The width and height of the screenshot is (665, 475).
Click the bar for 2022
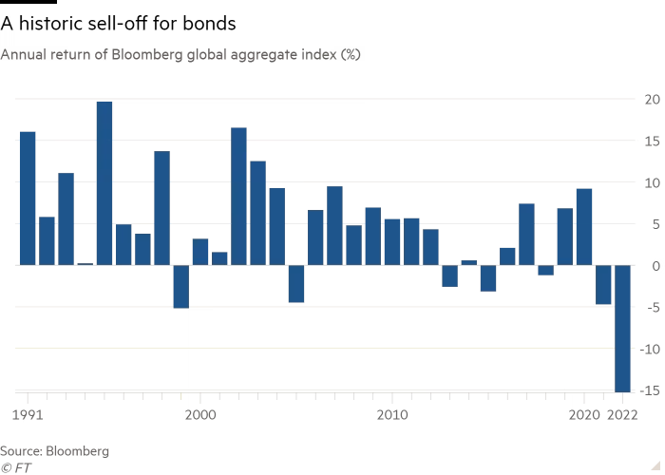tap(622, 328)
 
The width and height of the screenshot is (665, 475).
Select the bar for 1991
tap(28, 198)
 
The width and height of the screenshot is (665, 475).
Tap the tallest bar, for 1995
tap(104, 182)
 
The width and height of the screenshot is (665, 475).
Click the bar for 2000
tap(200, 252)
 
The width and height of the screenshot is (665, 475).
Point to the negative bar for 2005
tap(296, 283)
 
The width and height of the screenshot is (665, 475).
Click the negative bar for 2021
tap(603, 285)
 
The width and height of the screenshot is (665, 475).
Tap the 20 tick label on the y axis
tap(653, 99)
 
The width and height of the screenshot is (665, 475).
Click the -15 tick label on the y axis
tap(650, 390)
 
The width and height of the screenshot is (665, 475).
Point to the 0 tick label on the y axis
tap(655, 265)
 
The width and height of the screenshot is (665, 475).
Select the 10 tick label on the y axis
tap(653, 182)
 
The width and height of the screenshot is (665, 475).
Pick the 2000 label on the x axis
tap(200, 415)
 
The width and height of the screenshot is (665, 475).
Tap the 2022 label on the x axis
tap(623, 415)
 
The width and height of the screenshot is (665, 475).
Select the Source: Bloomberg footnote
tap(55, 450)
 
